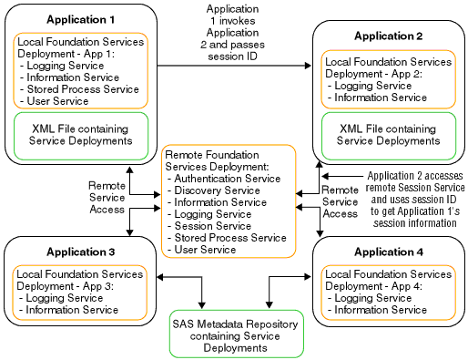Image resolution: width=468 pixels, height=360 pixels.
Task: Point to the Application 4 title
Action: pos(389,251)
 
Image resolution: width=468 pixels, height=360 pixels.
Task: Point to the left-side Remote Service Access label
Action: pos(107,197)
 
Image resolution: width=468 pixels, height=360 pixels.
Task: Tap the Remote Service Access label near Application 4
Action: pos(341,202)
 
